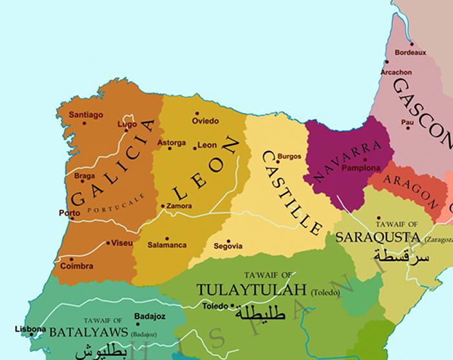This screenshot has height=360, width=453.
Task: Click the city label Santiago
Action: (x=87, y=115)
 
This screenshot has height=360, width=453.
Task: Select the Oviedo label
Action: (x=206, y=121)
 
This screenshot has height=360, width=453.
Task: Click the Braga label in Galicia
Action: (x=84, y=175)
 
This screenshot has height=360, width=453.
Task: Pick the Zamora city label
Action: (x=179, y=207)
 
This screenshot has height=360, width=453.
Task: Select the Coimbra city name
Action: (x=76, y=266)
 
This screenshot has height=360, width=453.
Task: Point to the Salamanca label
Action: (x=166, y=245)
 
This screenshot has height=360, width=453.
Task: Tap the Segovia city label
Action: (x=228, y=246)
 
